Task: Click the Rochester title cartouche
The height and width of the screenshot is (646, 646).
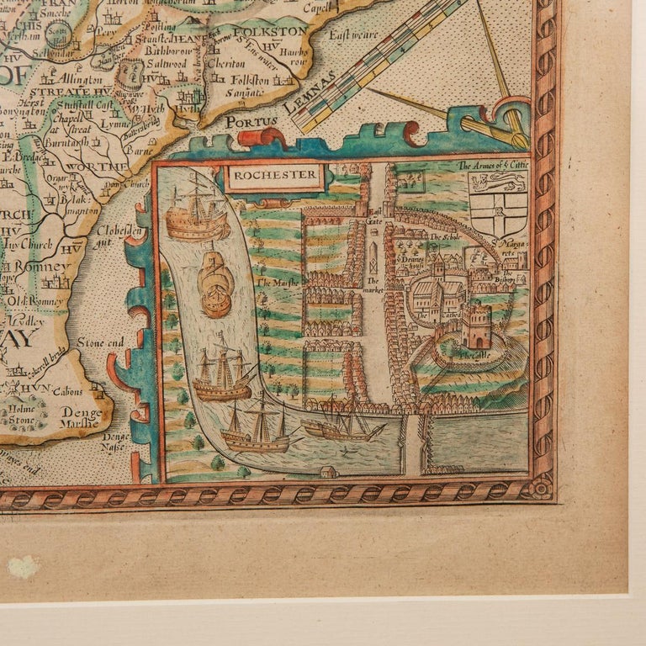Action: (274, 177)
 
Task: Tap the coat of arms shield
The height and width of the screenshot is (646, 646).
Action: (498, 204)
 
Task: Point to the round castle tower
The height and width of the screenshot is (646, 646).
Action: (476, 327)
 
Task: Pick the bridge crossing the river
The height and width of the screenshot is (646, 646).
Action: (414, 439)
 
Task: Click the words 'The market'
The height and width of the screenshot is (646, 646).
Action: (373, 286)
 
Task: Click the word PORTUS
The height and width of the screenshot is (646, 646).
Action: (252, 121)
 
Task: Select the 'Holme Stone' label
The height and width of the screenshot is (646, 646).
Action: (24, 417)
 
